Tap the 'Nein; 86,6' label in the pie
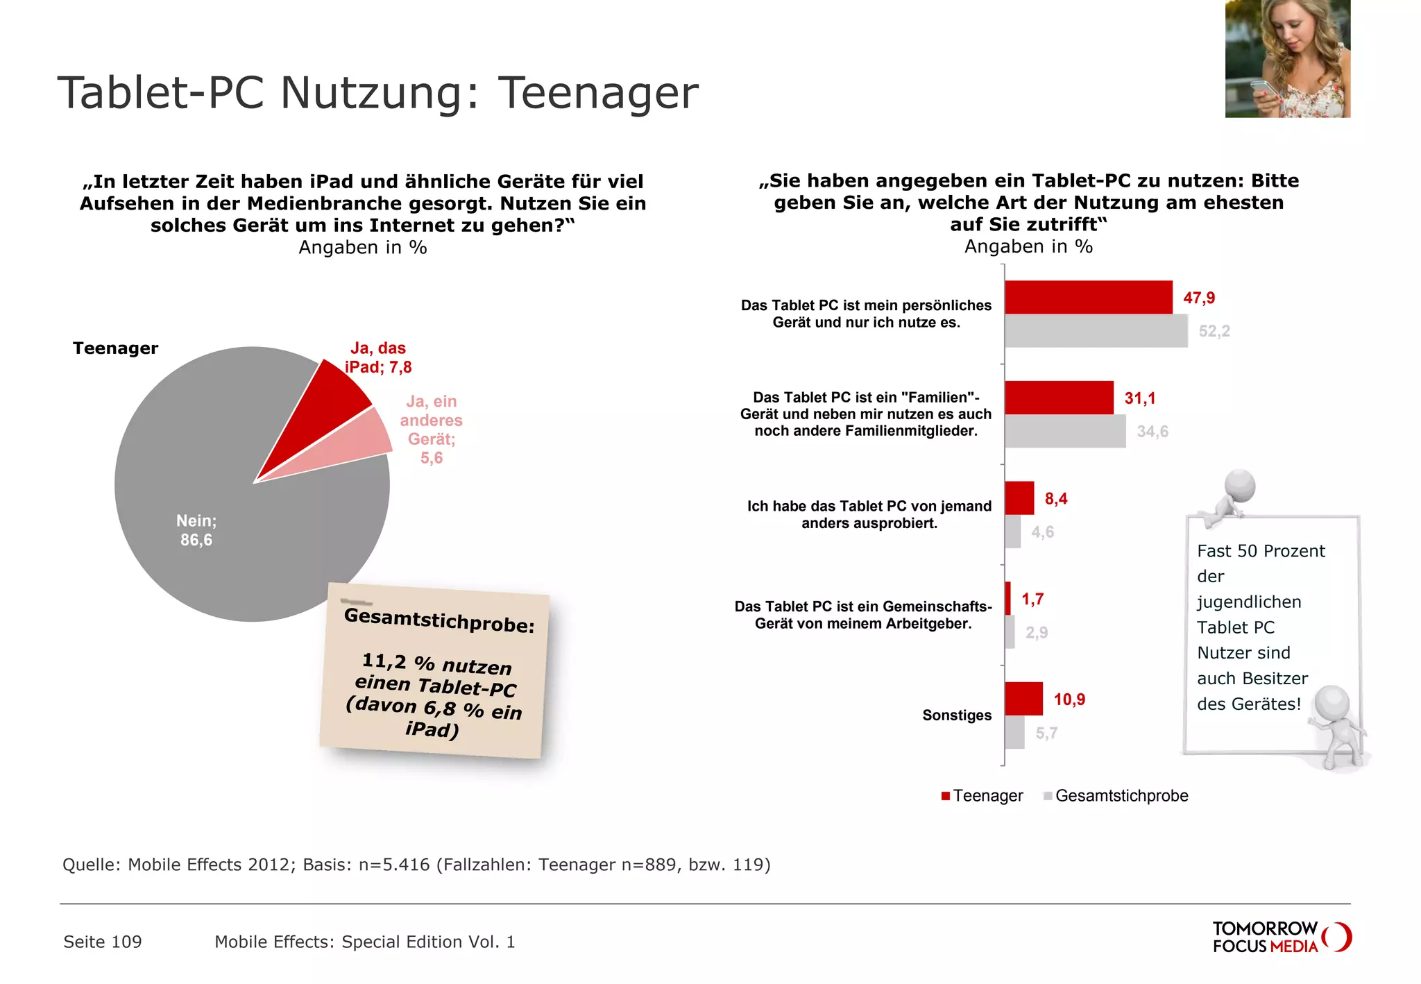(196, 530)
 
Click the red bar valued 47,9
(1088, 298)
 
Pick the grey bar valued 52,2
(1096, 331)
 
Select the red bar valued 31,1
(1059, 398)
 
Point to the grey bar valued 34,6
(1065, 431)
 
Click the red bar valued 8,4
(1019, 498)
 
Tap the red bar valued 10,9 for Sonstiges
(1023, 699)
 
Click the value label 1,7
(1032, 599)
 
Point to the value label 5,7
(1046, 733)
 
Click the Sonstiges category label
(957, 715)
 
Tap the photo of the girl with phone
(1287, 58)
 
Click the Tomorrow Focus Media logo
(1282, 938)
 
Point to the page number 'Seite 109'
(103, 942)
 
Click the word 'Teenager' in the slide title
(598, 93)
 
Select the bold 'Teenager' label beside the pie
(116, 348)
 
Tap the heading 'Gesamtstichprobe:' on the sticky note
(439, 620)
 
